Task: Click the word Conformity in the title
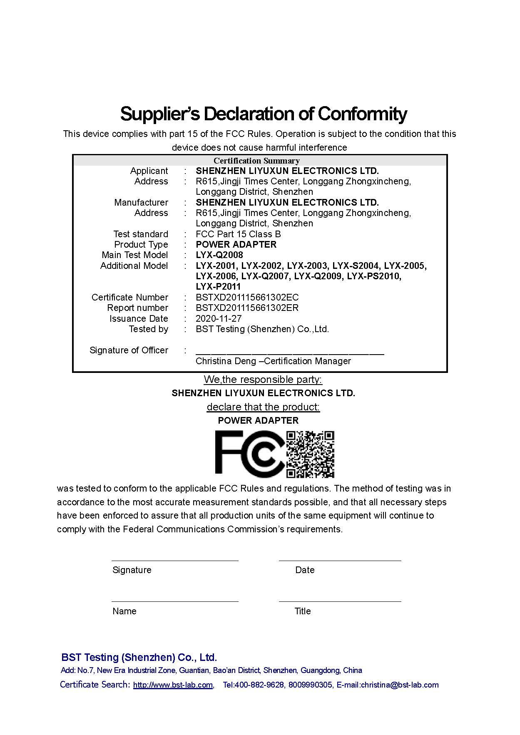[x=362, y=114]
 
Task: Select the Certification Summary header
[x=256, y=161]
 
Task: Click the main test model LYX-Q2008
[x=219, y=255]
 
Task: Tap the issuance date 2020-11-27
[x=219, y=319]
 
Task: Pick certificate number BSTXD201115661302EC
[x=247, y=298]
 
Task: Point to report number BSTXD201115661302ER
[x=247, y=308]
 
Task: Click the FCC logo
[x=249, y=454]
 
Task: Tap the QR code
[x=311, y=454]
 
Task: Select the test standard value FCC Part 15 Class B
[x=238, y=234]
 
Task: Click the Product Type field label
[x=141, y=245]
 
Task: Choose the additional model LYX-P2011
[x=219, y=287]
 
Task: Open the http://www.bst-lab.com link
[x=173, y=685]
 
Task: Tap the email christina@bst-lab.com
[x=400, y=685]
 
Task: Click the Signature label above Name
[x=132, y=570]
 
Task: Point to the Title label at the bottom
[x=303, y=611]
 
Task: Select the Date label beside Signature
[x=305, y=570]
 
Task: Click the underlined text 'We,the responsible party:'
[x=263, y=380]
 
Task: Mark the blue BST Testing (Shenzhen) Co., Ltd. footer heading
[x=139, y=658]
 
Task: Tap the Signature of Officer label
[x=129, y=350]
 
